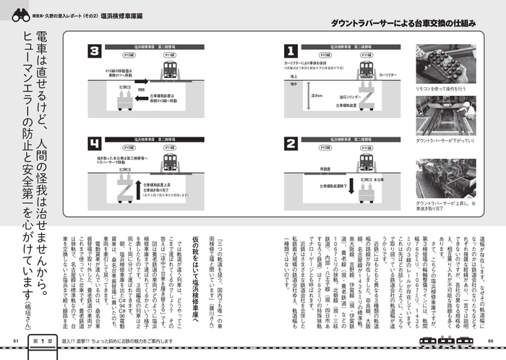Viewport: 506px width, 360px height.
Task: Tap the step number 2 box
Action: [x=291, y=142]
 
